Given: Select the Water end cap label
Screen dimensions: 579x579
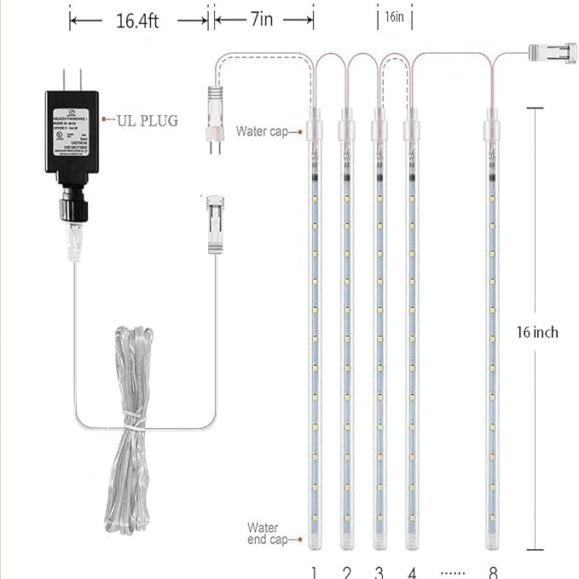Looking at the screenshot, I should coord(263,533).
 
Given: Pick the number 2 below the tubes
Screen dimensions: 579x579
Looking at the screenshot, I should coord(346,571).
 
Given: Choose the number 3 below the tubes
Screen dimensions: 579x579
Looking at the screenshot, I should coord(379,571).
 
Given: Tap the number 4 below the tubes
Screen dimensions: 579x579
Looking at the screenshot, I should coord(411,571).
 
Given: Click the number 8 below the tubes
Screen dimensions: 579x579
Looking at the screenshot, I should coord(493,571).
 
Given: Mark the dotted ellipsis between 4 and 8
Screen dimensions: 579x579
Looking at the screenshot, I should coord(452,572).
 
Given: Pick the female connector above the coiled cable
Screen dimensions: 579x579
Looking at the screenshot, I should coord(214,224).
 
